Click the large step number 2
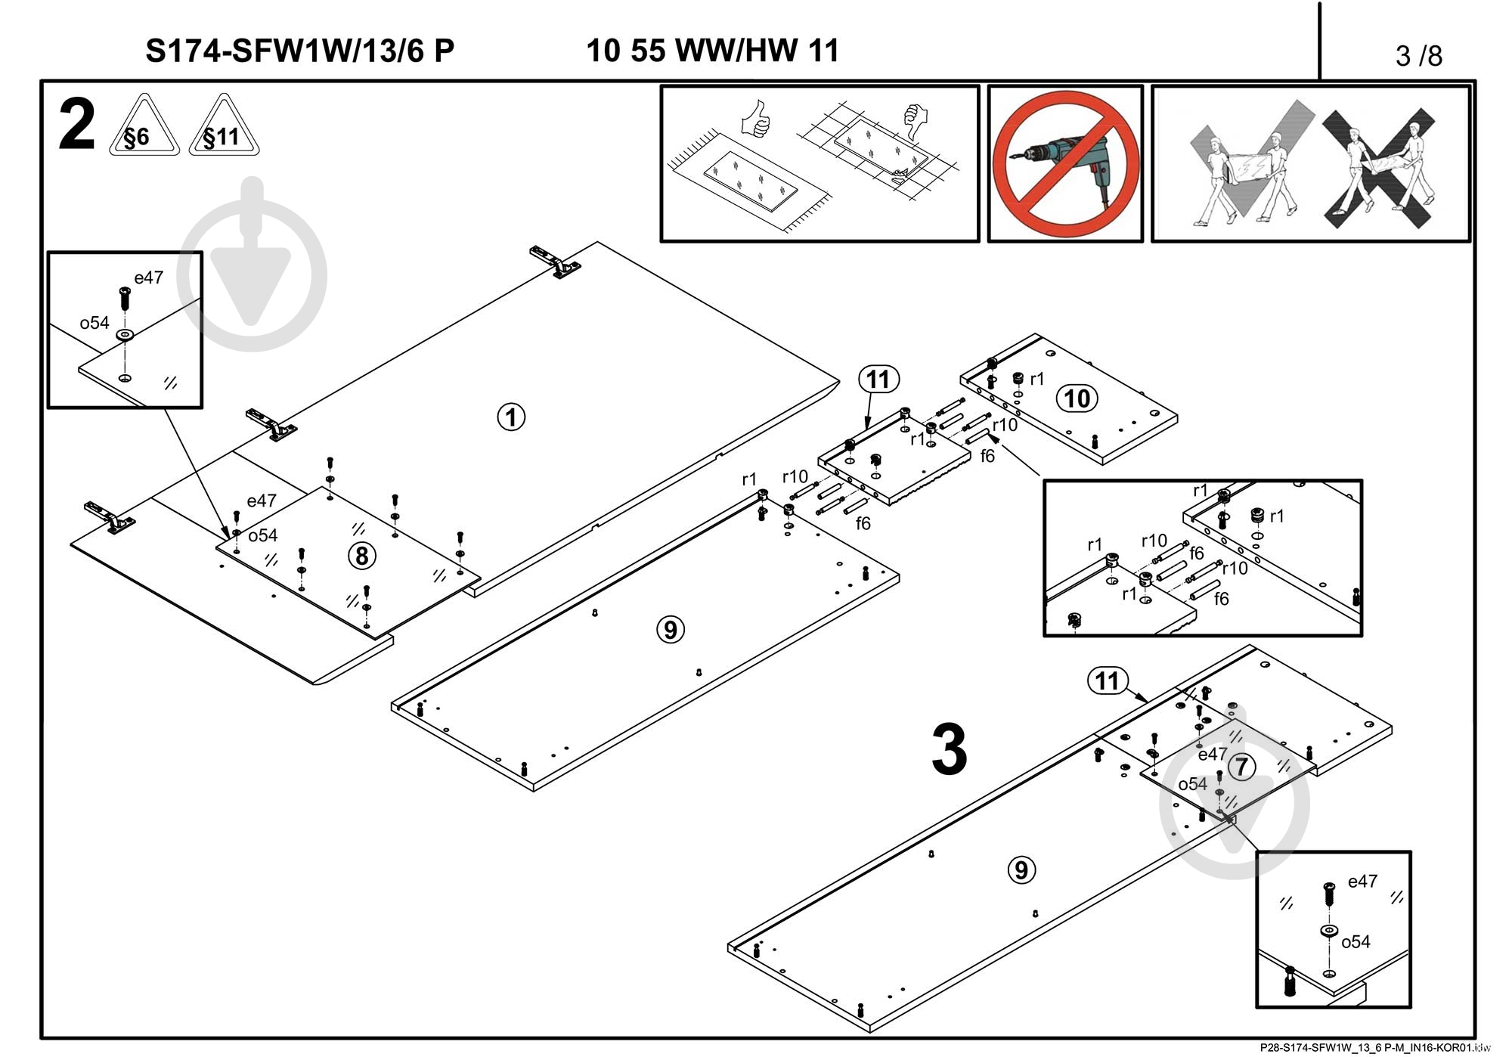click(x=76, y=126)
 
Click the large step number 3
click(x=949, y=750)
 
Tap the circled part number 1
click(x=511, y=417)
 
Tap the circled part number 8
click(x=361, y=556)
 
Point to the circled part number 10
click(x=1077, y=398)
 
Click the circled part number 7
click(x=1241, y=767)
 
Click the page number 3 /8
click(x=1418, y=56)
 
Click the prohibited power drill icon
click(x=1064, y=163)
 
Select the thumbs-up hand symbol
click(x=756, y=119)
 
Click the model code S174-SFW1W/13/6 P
click(x=299, y=51)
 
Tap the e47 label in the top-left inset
click(x=148, y=277)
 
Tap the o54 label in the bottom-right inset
click(x=1356, y=942)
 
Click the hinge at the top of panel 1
click(x=556, y=262)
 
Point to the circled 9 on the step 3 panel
click(x=1021, y=869)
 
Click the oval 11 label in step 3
click(x=1107, y=680)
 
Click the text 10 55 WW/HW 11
click(x=712, y=51)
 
